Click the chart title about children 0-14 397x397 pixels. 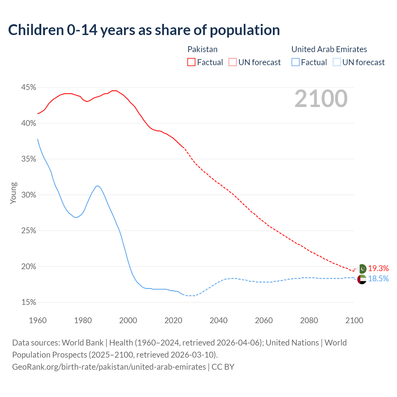pyautogui.click(x=144, y=30)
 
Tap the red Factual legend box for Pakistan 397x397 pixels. pyautogui.click(x=191, y=62)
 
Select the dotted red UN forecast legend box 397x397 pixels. pyautogui.click(x=233, y=62)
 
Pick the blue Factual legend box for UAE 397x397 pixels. pyautogui.click(x=296, y=62)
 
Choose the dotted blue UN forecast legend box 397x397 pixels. pyautogui.click(x=337, y=62)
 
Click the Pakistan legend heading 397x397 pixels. pyautogui.click(x=203, y=49)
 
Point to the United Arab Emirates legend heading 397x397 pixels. pyautogui.click(x=329, y=49)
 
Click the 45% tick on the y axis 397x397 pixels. pyautogui.click(x=29, y=87)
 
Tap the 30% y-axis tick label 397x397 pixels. pyautogui.click(x=29, y=195)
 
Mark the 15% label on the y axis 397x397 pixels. pyautogui.click(x=29, y=302)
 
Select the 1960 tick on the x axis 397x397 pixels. pyautogui.click(x=38, y=320)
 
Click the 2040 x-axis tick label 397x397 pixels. pyautogui.click(x=218, y=320)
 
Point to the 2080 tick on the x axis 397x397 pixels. pyautogui.click(x=309, y=320)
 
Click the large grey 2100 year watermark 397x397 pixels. pyautogui.click(x=321, y=99)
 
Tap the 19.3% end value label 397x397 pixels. pyautogui.click(x=378, y=268)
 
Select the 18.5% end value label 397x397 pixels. pyautogui.click(x=378, y=279)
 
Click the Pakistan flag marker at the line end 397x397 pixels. pyautogui.click(x=362, y=269)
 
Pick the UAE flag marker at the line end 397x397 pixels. pyautogui.click(x=362, y=279)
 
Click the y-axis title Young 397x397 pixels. pyautogui.click(x=13, y=193)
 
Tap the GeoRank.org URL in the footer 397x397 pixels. pyautogui.click(x=109, y=367)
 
